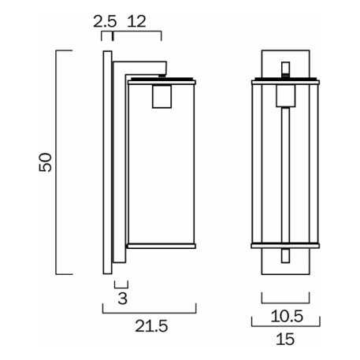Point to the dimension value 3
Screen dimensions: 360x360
coord(121,298)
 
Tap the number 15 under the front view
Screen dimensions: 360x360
coord(285,340)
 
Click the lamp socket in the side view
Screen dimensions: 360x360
coord(161,95)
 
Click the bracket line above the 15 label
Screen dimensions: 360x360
coord(285,324)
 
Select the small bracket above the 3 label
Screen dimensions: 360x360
coord(121,284)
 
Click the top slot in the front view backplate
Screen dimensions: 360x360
coord(285,67)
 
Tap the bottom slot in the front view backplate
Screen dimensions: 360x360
coord(285,258)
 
